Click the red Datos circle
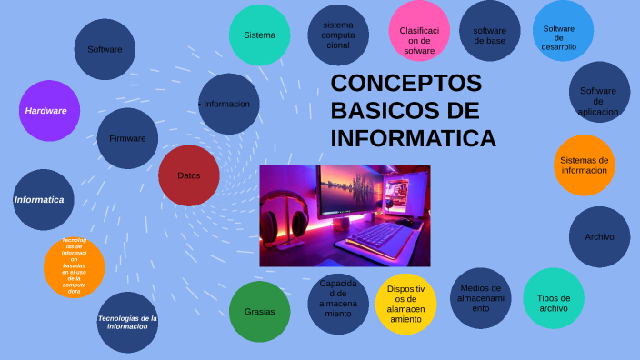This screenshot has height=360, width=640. pyautogui.click(x=189, y=175)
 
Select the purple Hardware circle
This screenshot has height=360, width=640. pyautogui.click(x=50, y=111)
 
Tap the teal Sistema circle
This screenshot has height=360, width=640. pyautogui.click(x=259, y=35)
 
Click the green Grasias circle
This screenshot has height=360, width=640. pyautogui.click(x=259, y=311)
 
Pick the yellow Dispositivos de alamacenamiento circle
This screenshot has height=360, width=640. pyautogui.click(x=405, y=304)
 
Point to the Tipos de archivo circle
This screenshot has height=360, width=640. pyautogui.click(x=554, y=298)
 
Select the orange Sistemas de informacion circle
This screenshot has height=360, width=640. pyautogui.click(x=585, y=165)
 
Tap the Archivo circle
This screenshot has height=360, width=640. pyautogui.click(x=599, y=237)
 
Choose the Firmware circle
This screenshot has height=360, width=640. pyautogui.click(x=127, y=138)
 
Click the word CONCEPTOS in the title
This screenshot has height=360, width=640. pyautogui.click(x=405, y=84)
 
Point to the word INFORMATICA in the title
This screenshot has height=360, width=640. pyautogui.click(x=413, y=139)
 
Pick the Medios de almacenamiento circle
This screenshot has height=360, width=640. pyautogui.click(x=480, y=298)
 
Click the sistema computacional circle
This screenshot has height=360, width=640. pyautogui.click(x=338, y=35)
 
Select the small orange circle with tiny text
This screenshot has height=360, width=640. pyautogui.click(x=74, y=266)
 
